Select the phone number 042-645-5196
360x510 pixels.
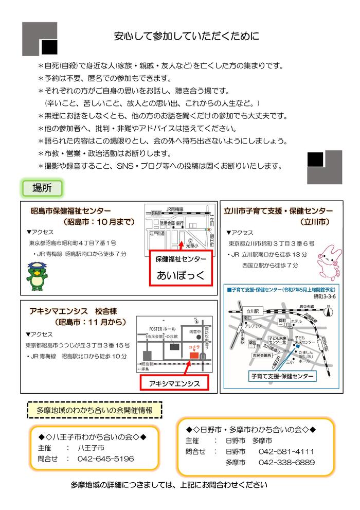pyautogui.click(x=105, y=459)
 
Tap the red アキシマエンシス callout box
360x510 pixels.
pyautogui.click(x=174, y=383)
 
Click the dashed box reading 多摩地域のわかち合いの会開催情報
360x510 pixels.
pyautogui.click(x=94, y=411)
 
